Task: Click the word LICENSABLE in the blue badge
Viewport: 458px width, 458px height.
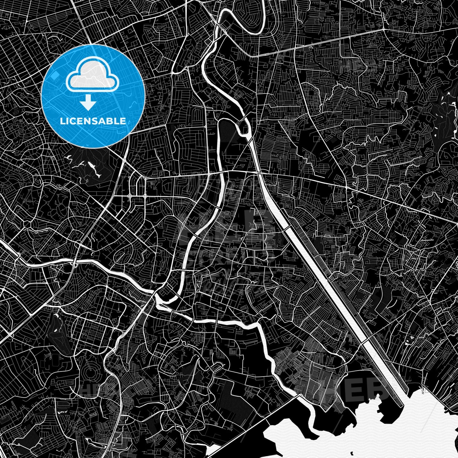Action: pyautogui.click(x=93, y=121)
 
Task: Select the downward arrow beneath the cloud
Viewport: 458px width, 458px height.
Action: pyautogui.click(x=88, y=103)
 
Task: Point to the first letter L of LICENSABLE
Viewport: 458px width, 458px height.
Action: pyautogui.click(x=62, y=121)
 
